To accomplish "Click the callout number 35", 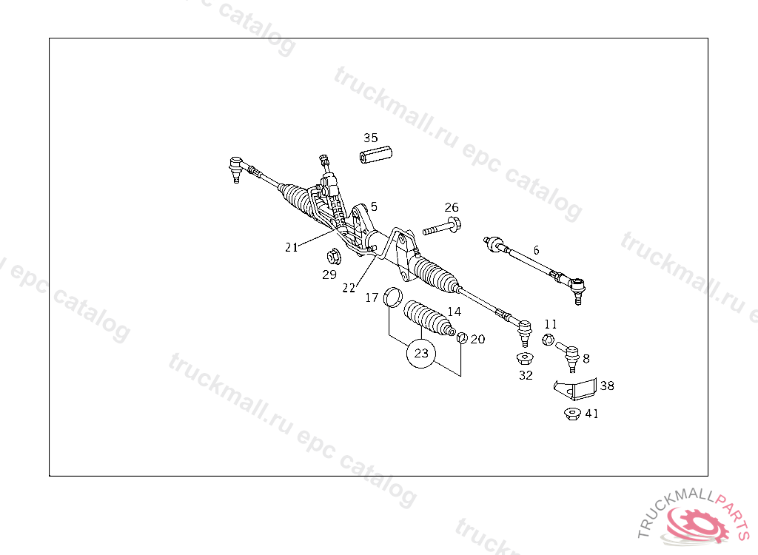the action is [x=370, y=138].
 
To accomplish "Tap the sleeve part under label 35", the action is [x=376, y=157].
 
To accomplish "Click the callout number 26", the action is [x=452, y=206].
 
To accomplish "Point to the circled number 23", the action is [x=421, y=353].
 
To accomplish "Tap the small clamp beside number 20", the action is [x=461, y=338].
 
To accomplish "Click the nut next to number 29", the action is [x=332, y=257].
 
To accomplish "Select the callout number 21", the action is [x=292, y=247].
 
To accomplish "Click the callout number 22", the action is [x=349, y=287].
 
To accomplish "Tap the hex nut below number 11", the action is [x=548, y=339].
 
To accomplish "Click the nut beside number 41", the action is [x=571, y=414].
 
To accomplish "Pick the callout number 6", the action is [x=536, y=250].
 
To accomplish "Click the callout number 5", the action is [x=375, y=206].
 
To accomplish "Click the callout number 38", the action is [x=607, y=386].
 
